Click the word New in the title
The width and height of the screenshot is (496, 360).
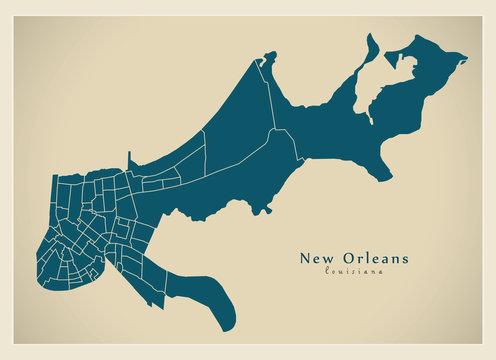[317, 258]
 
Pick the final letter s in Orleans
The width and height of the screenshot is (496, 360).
[404, 258]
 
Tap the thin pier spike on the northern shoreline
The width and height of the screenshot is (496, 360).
[129, 158]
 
